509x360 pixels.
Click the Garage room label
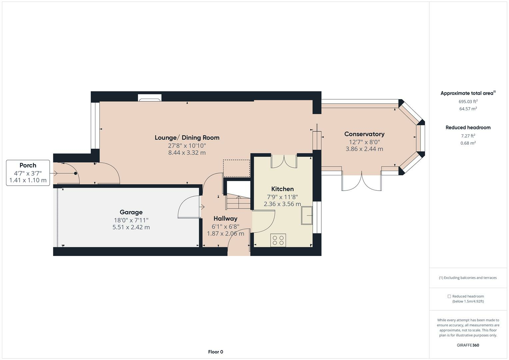131,212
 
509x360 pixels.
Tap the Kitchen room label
282,189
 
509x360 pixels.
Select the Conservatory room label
364,134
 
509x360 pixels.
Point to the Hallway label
225,219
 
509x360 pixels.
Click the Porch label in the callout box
28,165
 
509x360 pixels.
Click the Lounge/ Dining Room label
187,137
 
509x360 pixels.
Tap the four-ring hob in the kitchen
278,240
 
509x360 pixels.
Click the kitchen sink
307,215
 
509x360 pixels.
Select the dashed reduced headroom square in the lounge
237,168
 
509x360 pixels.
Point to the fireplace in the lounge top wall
150,98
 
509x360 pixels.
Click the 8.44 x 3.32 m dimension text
187,153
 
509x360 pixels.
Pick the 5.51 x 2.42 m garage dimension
131,227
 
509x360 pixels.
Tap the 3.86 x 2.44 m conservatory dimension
364,149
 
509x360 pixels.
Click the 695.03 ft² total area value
468,101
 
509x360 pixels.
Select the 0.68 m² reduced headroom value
468,143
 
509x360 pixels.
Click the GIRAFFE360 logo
468,345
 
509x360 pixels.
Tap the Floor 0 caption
215,352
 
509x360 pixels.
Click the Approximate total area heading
468,93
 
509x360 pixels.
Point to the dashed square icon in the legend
449,296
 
